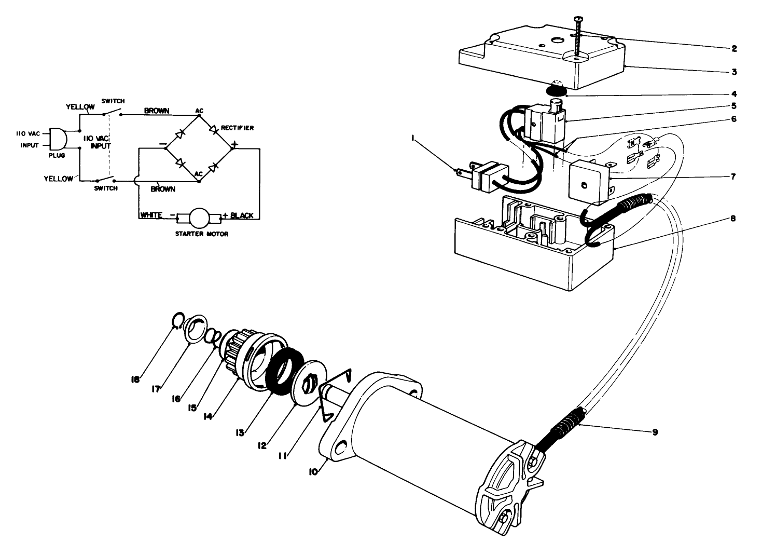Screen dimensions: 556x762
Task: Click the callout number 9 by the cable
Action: pyautogui.click(x=655, y=432)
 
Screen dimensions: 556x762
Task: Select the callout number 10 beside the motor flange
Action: pyautogui.click(x=313, y=471)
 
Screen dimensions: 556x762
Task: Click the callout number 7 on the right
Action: pyautogui.click(x=733, y=177)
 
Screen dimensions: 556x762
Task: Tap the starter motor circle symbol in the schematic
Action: pyautogui.click(x=198, y=217)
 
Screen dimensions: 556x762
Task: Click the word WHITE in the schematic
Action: pyautogui.click(x=151, y=215)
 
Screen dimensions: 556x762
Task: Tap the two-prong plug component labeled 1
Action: pyautogui.click(x=487, y=175)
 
